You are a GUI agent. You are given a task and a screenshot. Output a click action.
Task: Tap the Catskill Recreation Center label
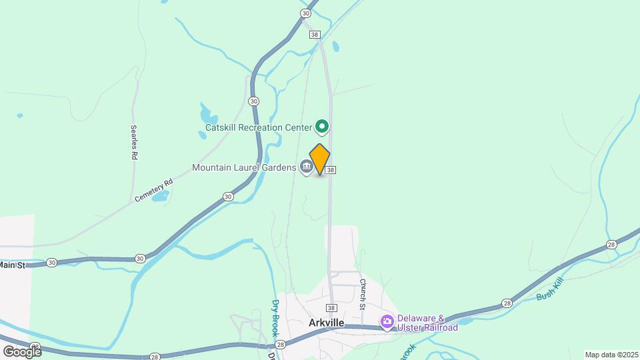[259, 127]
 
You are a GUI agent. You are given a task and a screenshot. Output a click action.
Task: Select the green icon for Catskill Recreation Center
[322, 126]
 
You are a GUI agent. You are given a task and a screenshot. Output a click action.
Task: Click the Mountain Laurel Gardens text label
[243, 167]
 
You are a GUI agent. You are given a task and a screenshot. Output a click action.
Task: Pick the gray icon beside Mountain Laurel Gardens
[306, 167]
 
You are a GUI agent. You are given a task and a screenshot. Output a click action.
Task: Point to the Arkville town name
[327, 323]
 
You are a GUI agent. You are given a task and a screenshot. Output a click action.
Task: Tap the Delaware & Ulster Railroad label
[427, 323]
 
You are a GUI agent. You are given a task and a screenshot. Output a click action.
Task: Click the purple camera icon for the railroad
[387, 323]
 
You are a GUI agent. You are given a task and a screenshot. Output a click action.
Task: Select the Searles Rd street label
[134, 142]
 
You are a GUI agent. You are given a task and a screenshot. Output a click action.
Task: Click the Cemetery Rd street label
[153, 190]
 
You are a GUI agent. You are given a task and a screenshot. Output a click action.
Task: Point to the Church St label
[363, 294]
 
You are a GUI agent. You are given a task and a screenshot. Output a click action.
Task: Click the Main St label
[12, 265]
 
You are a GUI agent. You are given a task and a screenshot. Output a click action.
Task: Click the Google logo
[22, 351]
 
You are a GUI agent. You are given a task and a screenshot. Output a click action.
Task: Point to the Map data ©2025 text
[610, 355]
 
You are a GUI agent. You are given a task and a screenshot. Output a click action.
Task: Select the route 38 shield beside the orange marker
[331, 170]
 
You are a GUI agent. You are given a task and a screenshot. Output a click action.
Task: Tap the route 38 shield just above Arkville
[331, 307]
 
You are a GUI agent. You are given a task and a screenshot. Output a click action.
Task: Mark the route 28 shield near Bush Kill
[507, 303]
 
